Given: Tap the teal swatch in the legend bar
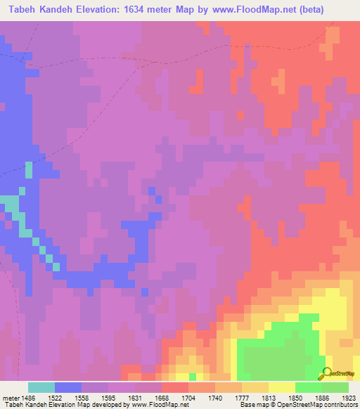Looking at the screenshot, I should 41,387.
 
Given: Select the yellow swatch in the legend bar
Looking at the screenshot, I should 282,387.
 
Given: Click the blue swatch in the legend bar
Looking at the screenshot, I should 68,387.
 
